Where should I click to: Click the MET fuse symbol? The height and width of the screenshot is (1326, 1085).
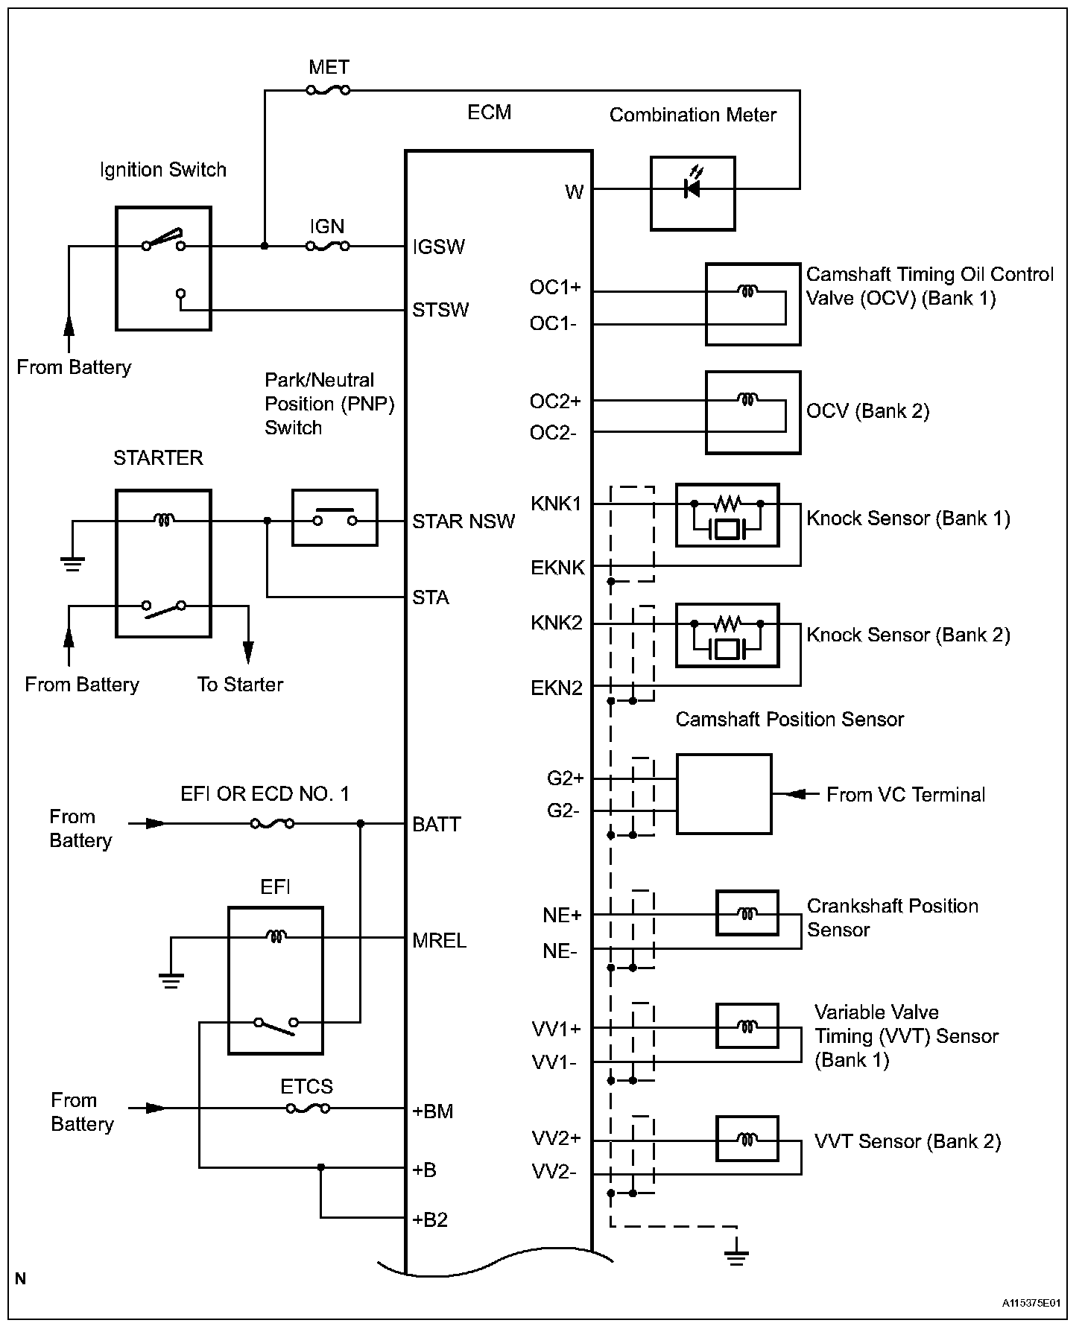(x=328, y=90)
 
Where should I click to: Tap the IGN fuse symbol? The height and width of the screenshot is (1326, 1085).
(x=328, y=246)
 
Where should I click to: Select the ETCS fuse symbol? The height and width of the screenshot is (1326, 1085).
(x=308, y=1108)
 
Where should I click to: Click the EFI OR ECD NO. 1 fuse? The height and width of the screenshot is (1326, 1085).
(x=272, y=824)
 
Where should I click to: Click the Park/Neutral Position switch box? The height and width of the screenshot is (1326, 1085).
(x=335, y=518)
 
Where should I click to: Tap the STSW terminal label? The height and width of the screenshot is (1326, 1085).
(x=440, y=310)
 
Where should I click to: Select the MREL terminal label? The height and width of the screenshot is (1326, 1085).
(x=440, y=941)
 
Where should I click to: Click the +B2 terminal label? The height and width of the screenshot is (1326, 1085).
(x=430, y=1220)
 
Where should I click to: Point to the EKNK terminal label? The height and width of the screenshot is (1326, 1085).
(x=557, y=568)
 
